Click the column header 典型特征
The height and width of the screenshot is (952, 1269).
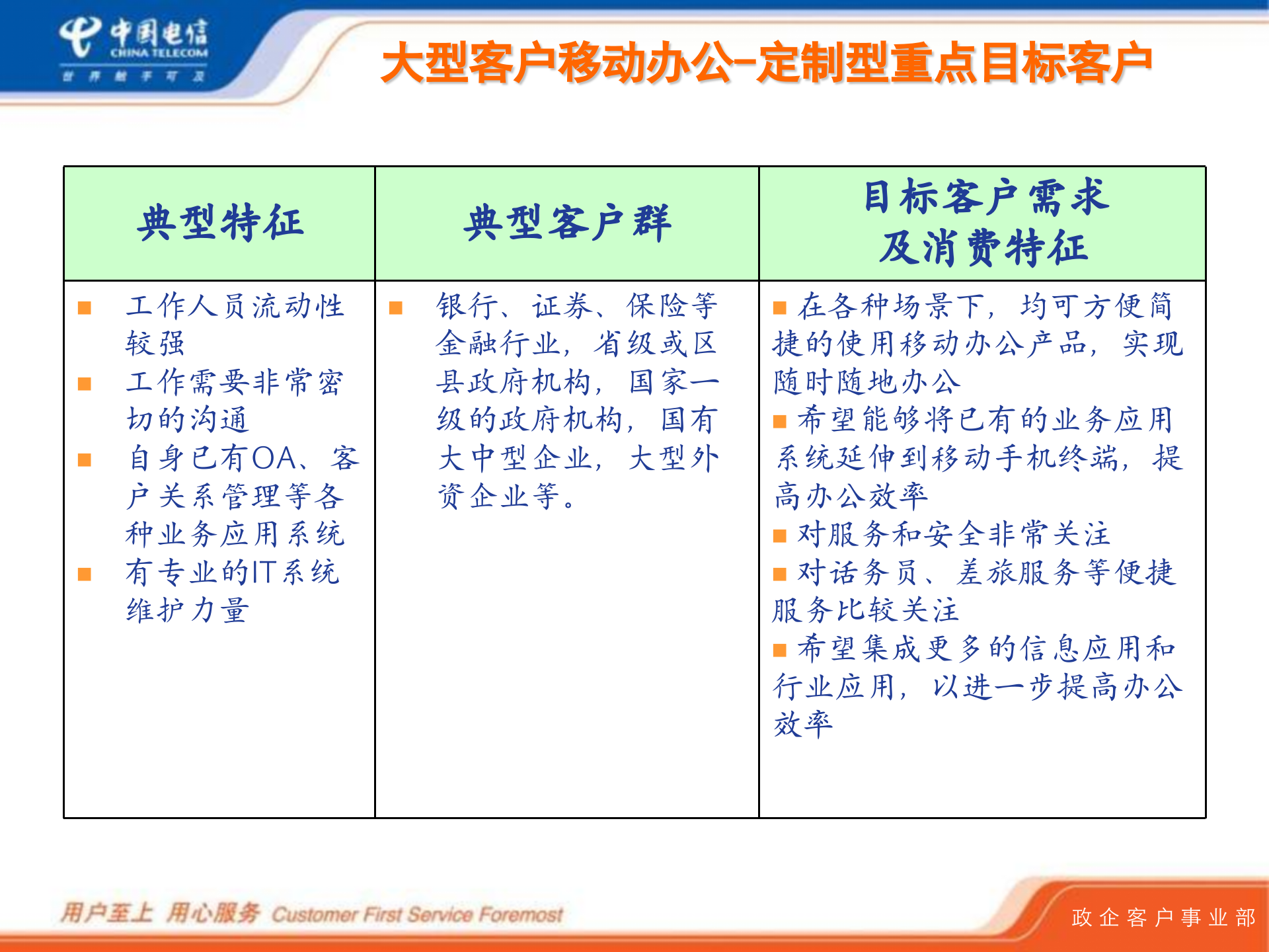220,223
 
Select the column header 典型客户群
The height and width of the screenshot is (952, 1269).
566,223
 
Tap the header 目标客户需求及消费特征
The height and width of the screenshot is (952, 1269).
983,223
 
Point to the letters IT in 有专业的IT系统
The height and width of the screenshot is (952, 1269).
264,573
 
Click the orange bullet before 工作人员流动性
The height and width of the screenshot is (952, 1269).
85,308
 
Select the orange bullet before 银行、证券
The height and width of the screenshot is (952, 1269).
396,308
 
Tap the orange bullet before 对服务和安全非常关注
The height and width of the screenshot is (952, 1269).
780,535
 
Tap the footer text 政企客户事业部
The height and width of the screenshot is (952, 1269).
1163,918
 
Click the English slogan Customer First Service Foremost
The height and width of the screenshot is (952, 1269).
417,915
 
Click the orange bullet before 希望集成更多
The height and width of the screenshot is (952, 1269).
780,651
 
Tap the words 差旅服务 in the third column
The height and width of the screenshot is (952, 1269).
1019,573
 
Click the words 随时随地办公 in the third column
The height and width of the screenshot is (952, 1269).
866,383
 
